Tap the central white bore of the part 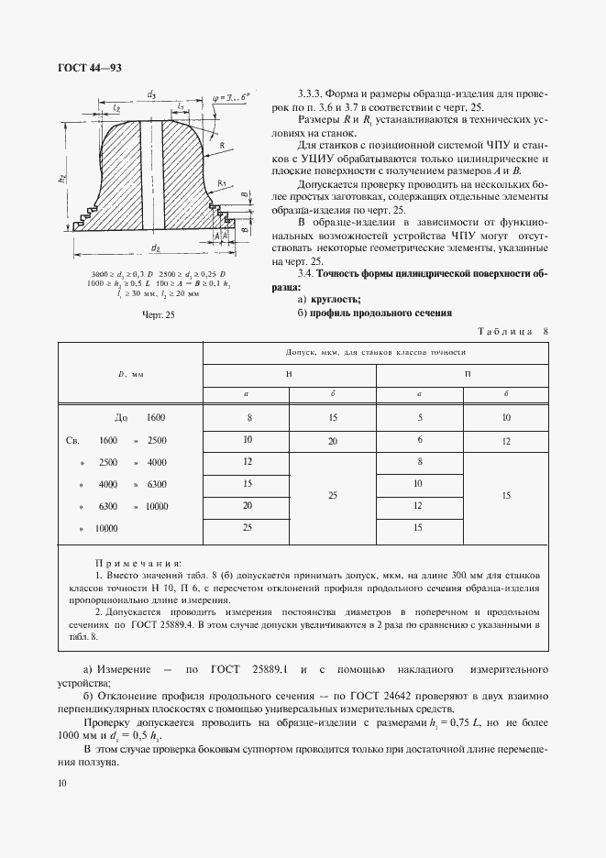click(151, 174)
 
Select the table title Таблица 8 click(512, 331)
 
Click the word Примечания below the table click(138, 563)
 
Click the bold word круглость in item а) click(337, 299)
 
